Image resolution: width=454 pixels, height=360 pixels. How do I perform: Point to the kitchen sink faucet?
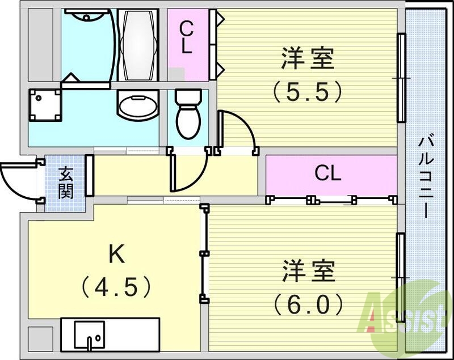pyautogui.click(x=90, y=341)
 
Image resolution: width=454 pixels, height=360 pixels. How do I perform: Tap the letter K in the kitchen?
pyautogui.click(x=117, y=255)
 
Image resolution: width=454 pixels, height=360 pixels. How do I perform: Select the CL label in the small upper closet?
pyautogui.click(x=186, y=37)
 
